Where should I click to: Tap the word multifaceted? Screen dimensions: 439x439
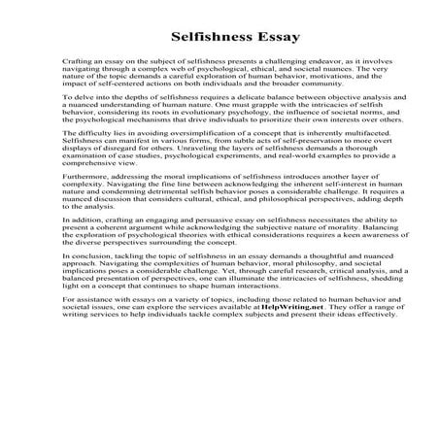[x=353, y=162]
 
